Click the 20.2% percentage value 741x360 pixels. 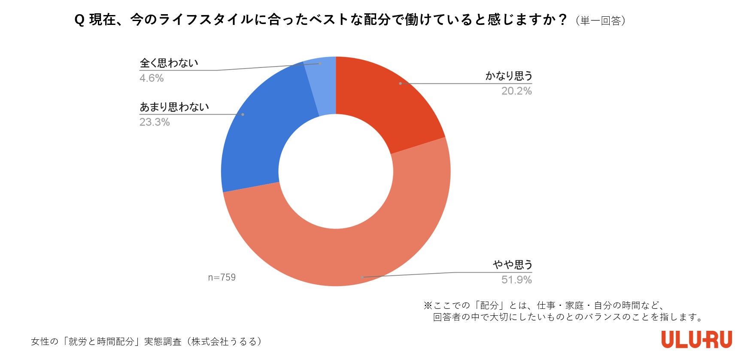point(516,91)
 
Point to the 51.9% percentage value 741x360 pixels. point(516,280)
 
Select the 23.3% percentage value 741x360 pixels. point(155,122)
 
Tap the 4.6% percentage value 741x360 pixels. point(152,78)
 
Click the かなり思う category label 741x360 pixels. point(509,76)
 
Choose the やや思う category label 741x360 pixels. point(512,265)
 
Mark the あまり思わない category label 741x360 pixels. point(174,107)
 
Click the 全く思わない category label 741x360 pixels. point(169,63)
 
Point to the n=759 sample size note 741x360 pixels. point(222,278)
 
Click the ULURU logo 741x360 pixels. point(696,339)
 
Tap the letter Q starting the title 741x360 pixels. point(79,20)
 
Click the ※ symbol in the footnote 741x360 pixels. point(428,305)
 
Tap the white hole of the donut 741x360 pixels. point(336,171)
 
